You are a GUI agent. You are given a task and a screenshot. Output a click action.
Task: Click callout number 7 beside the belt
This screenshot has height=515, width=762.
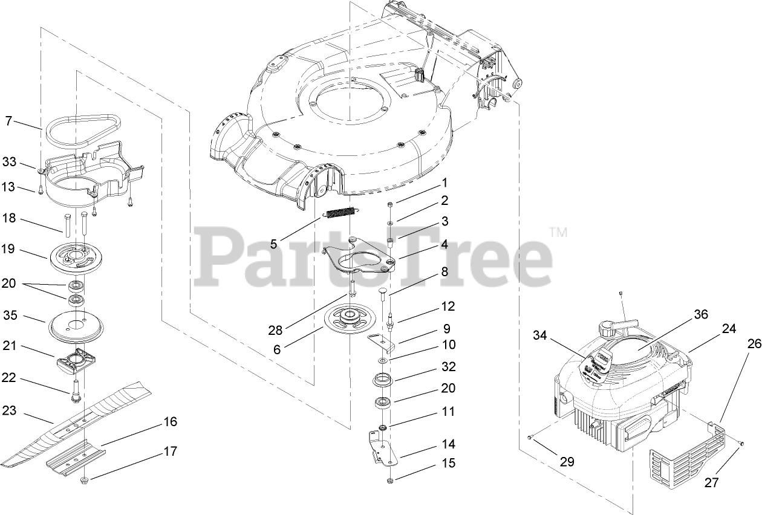[x=8, y=121]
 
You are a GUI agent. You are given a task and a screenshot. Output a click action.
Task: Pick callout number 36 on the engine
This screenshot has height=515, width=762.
[x=700, y=315]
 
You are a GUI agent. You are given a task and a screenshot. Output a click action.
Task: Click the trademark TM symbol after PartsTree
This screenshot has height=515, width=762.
[x=558, y=232]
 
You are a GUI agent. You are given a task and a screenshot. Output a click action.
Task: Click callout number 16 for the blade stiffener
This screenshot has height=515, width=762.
[x=171, y=421]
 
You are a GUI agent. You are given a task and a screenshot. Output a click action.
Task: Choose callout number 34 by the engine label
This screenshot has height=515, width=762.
[x=541, y=335]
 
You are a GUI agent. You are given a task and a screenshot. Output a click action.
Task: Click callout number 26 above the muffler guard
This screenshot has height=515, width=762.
[x=754, y=344]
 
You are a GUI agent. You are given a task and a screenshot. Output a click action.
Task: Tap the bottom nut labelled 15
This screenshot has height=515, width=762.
[x=390, y=481]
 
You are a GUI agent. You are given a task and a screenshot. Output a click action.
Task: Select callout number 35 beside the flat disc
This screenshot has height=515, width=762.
[x=9, y=315]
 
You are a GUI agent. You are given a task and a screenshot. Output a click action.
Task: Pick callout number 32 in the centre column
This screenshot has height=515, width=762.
[x=448, y=367]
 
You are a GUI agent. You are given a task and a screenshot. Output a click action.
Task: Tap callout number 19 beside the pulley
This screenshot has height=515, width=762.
[x=9, y=250]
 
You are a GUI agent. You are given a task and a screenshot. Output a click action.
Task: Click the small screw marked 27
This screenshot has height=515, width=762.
[x=741, y=445]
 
